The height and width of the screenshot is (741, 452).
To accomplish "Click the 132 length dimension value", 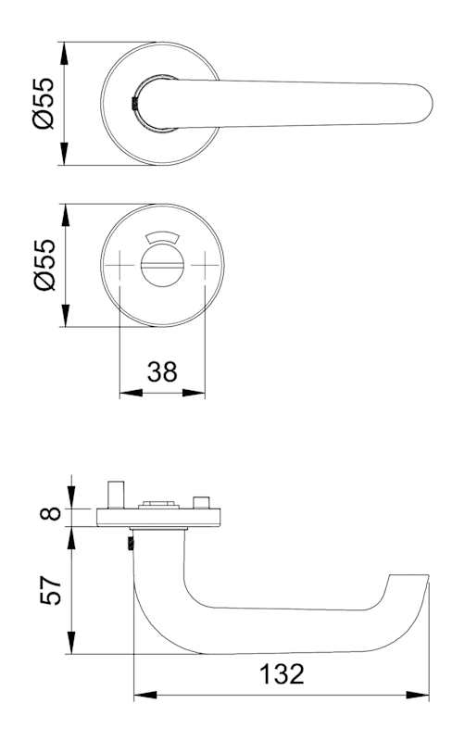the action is (282, 674).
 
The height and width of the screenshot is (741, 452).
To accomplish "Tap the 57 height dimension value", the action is (51, 590).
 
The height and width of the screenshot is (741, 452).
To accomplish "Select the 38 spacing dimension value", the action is (162, 371).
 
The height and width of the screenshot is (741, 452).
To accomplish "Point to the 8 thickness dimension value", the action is (51, 513).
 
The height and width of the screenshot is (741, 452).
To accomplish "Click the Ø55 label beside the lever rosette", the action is (44, 104).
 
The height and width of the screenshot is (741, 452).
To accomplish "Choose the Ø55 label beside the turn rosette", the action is (44, 265).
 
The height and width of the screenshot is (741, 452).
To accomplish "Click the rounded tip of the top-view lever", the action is (425, 104).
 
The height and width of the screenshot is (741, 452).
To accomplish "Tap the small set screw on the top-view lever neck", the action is (134, 104).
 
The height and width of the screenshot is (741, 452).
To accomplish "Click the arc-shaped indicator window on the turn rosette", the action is (162, 237).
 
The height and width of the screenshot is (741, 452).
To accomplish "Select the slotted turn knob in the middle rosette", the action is (162, 266).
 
